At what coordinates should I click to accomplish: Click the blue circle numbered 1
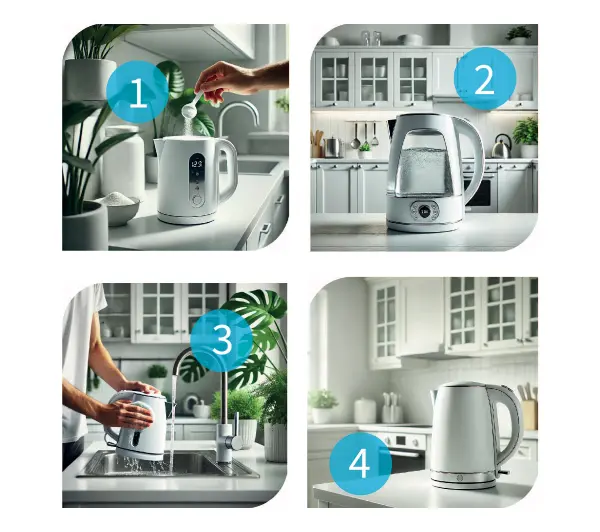[x=138, y=92]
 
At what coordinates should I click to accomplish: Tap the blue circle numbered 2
[x=485, y=79]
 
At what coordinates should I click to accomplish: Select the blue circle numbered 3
[x=222, y=341]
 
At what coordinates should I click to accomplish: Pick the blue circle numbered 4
[x=360, y=464]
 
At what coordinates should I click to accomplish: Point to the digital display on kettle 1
[x=197, y=164]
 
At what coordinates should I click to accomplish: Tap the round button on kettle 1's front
[x=197, y=200]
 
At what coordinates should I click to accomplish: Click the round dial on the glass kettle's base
[x=424, y=210]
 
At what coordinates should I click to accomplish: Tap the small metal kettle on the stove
[x=502, y=147]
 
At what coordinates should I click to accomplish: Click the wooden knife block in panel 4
[x=530, y=414]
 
